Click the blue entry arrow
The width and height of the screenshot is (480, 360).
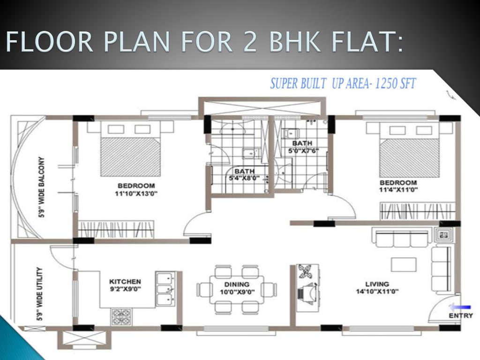460,307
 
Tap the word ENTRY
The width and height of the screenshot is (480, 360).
461,315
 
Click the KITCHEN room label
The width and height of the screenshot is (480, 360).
125,282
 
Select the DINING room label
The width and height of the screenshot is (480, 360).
237,285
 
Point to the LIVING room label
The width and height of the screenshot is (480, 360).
377,284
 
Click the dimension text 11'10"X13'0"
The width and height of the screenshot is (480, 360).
136,194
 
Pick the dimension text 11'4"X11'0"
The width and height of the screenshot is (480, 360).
398,190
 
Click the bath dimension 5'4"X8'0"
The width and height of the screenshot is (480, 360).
244,178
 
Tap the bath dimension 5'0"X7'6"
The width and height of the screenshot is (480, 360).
303,150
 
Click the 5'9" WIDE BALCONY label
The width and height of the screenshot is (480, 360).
41,187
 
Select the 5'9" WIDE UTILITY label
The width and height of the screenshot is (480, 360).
39,294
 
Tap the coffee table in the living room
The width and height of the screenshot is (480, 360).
404,264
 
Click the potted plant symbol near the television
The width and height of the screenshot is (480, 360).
305,271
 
